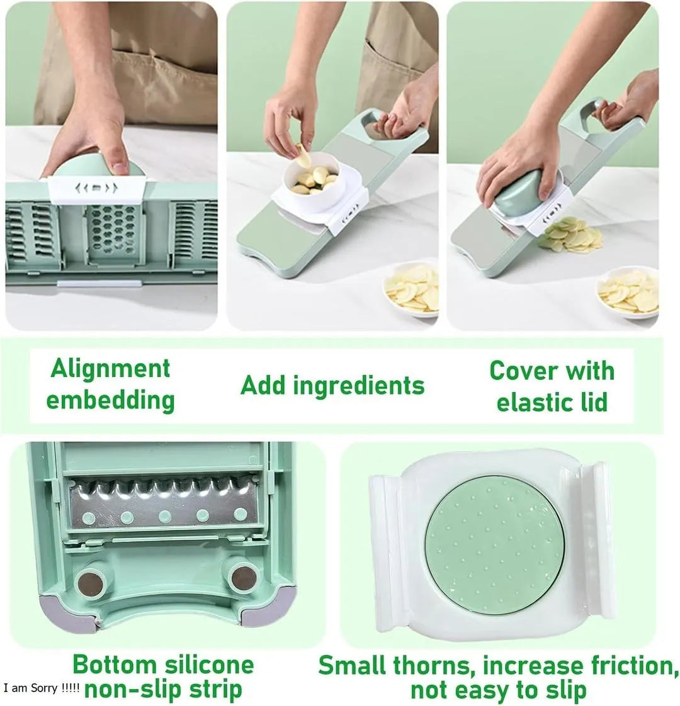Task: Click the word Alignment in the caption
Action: click(110, 369)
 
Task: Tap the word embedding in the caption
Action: click(110, 400)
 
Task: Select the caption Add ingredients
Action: click(332, 385)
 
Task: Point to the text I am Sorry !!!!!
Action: click(42, 688)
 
